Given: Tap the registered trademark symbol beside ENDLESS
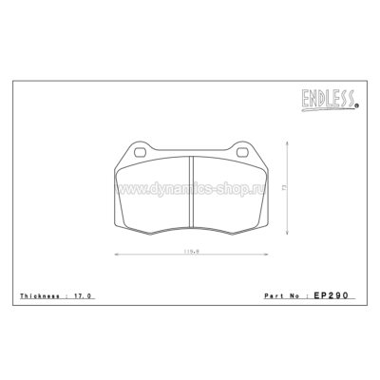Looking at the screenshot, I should (x=356, y=106).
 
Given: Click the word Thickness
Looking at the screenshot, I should (x=41, y=298).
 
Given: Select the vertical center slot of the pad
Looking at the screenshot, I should (x=189, y=190).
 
